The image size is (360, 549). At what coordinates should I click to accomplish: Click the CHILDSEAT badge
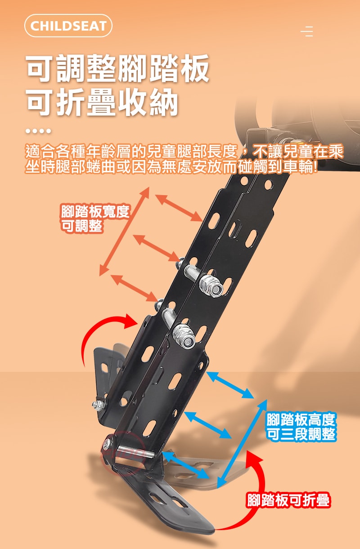pos(68,26)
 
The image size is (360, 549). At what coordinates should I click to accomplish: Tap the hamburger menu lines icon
pos(307,31)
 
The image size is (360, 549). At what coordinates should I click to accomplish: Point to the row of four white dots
pos(38,131)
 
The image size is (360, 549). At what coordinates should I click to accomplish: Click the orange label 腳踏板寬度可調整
pos(95,219)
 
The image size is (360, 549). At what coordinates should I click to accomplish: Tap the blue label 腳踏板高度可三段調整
pos(301,427)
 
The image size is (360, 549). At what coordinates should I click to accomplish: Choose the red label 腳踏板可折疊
pos(288,500)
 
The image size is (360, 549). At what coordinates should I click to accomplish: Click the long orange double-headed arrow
pos(124,232)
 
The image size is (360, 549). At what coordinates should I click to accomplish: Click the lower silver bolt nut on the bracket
pos(184,335)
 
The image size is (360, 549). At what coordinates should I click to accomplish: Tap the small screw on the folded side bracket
pos(99,406)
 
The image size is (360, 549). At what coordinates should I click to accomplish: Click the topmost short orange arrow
pos(180,208)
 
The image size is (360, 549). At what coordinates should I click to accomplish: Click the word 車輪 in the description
pos(298,166)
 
